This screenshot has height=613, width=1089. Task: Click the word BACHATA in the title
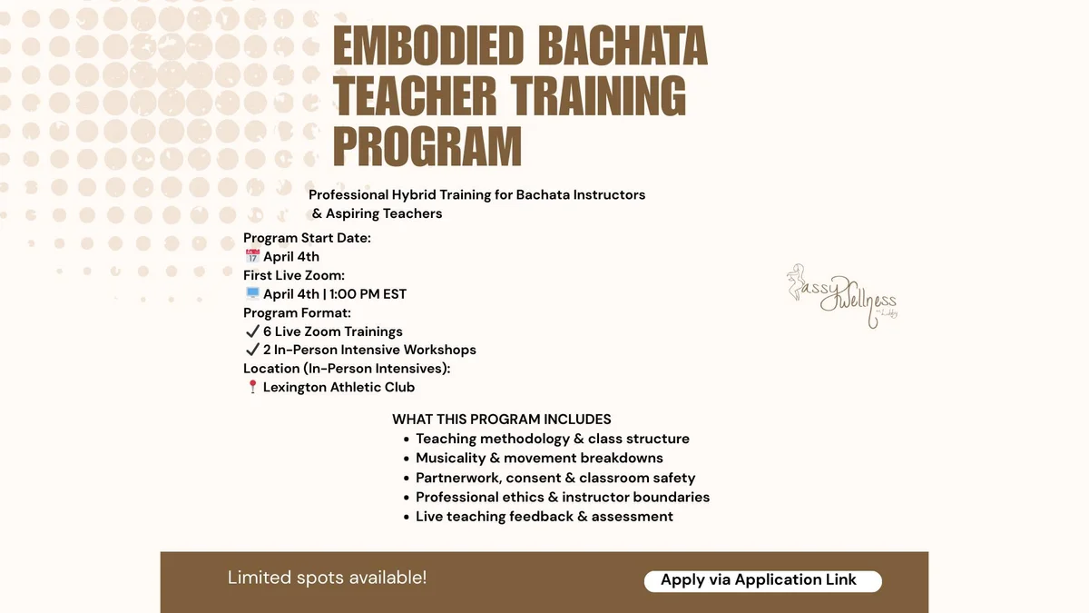click(623, 45)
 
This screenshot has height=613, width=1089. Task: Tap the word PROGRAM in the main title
click(427, 146)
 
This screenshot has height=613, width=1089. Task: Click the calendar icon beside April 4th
click(252, 256)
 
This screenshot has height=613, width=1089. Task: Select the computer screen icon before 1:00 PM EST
click(252, 293)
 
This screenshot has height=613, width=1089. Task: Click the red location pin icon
click(252, 387)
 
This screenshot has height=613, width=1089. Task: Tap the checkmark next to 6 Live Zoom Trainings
click(252, 331)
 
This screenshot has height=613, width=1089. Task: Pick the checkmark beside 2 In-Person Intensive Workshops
click(252, 350)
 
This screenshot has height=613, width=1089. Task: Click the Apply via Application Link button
click(763, 581)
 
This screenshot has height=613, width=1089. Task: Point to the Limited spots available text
click(328, 578)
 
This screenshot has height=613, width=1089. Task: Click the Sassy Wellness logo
click(842, 296)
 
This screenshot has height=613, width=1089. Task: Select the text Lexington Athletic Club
click(338, 387)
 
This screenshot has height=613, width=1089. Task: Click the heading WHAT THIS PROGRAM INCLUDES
click(502, 420)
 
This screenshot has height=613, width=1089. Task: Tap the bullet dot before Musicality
click(407, 459)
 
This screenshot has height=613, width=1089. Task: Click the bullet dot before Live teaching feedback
click(407, 517)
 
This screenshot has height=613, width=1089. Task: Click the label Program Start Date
click(307, 238)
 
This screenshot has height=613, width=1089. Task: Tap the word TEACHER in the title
click(415, 96)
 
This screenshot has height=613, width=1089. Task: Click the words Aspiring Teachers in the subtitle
click(384, 213)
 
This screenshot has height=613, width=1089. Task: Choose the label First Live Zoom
click(294, 275)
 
